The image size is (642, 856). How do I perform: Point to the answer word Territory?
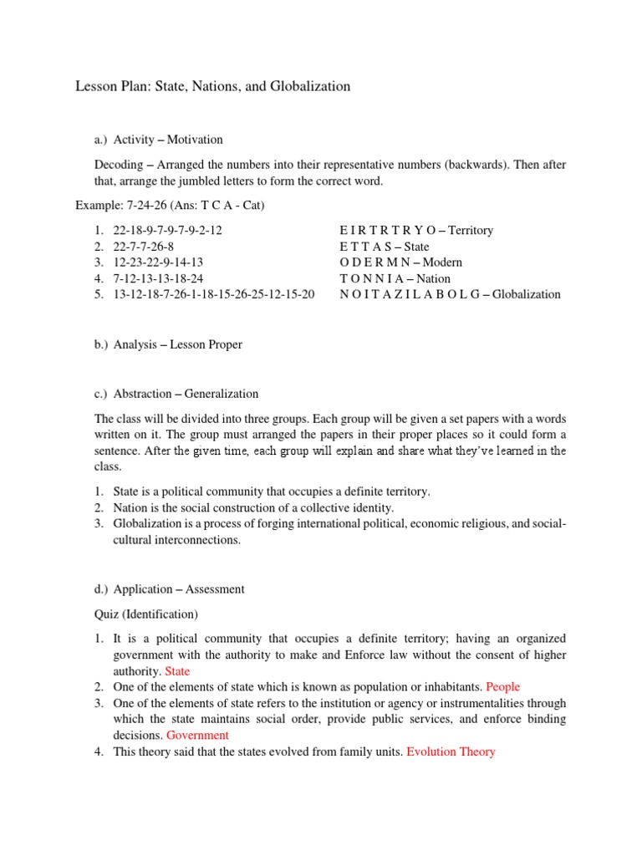pos(471,230)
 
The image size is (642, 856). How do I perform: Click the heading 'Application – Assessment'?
pos(179,589)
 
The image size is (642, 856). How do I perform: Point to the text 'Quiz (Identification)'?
pos(145,614)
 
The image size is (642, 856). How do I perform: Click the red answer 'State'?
pos(177,671)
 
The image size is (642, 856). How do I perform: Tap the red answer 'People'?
pos(504,687)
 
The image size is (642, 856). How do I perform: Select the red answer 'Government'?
pos(197,736)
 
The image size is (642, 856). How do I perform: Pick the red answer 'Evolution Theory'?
pos(451,752)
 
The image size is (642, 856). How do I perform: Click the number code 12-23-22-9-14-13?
pos(159,262)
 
